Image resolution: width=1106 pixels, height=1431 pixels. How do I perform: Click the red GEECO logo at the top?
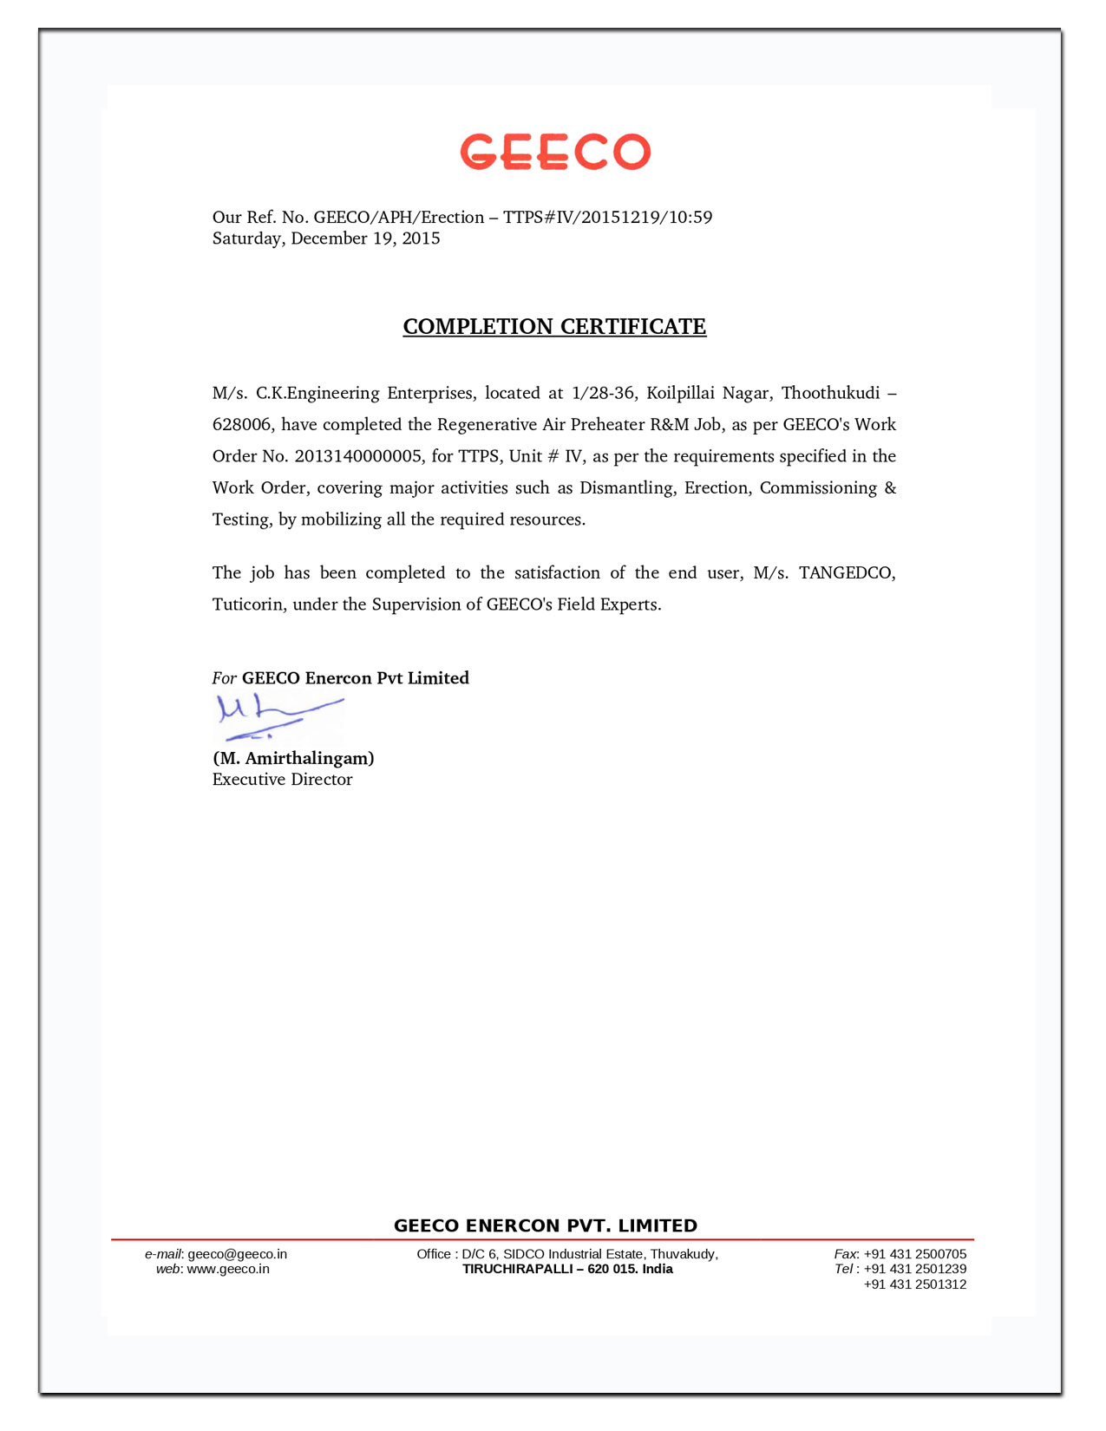pos(555,152)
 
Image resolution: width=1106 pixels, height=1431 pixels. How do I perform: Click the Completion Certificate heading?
pos(554,327)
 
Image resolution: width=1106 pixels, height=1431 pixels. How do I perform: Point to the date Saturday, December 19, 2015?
pos(326,238)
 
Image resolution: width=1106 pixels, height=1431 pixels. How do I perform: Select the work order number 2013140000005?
pos(358,456)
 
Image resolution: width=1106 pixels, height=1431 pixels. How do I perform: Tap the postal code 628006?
pos(242,425)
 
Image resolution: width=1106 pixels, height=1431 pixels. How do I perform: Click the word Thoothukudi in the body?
pos(830,393)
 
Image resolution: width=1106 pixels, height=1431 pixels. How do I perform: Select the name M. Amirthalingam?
pos(293,758)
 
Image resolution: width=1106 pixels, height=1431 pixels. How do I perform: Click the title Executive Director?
pos(283,780)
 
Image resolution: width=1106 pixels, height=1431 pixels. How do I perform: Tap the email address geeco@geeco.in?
pos(237,1254)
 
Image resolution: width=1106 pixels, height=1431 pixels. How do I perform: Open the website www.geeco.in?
pos(228,1269)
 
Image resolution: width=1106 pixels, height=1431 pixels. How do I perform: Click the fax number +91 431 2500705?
pos(914,1254)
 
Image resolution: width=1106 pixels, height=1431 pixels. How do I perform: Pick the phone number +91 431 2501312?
pos(914,1284)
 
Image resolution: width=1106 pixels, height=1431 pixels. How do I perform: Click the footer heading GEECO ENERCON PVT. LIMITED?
pos(546,1225)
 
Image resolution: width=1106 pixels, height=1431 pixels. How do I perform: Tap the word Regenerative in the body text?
pos(487,425)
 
